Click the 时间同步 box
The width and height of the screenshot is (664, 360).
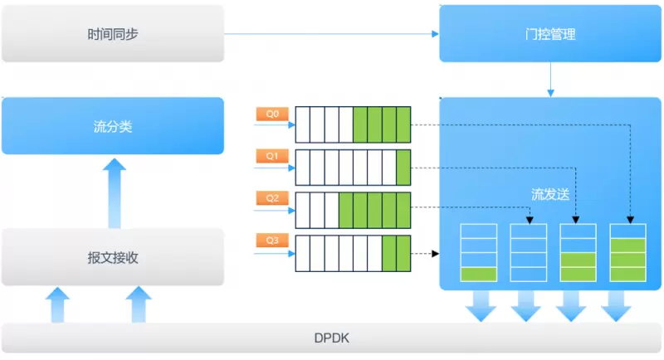coord(113,34)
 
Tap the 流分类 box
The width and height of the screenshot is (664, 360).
coord(113,126)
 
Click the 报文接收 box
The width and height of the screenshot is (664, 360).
coord(113,257)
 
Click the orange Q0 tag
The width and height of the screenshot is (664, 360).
coord(272,113)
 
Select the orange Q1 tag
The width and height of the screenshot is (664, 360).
coord(272,155)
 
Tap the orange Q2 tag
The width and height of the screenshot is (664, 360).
coord(272,197)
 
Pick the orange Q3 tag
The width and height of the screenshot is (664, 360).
coord(272,241)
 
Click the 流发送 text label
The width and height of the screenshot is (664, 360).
coord(550,193)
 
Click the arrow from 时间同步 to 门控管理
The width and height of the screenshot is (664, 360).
coord(332,34)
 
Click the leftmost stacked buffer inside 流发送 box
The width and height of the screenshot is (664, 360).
coord(479,253)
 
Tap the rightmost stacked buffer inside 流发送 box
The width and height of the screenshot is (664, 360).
coord(627,253)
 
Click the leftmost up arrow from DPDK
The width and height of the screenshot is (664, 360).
coord(57,304)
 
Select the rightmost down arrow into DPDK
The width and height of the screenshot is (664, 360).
coord(616,306)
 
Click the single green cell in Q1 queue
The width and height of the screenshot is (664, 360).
coord(403,167)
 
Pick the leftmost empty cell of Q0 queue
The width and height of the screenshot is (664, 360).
coord(303,124)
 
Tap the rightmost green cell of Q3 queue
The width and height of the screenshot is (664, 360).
coord(403,252)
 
